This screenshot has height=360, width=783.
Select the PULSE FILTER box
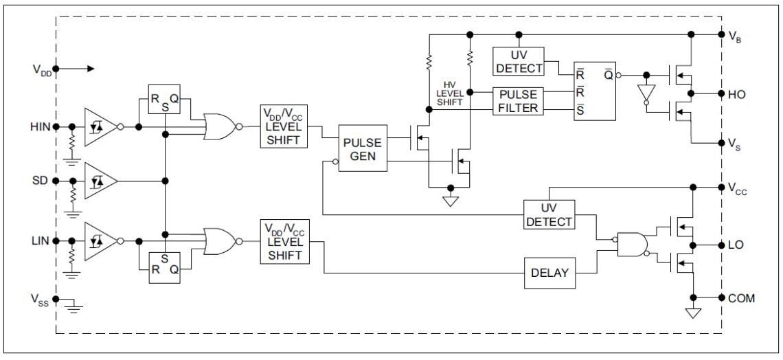click(519, 100)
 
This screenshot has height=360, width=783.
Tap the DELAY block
click(549, 273)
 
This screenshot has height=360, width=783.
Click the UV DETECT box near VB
click(519, 61)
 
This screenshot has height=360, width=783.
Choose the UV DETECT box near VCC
click(549, 214)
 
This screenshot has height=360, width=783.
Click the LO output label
click(736, 245)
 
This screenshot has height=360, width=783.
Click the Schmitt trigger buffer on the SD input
click(99, 181)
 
